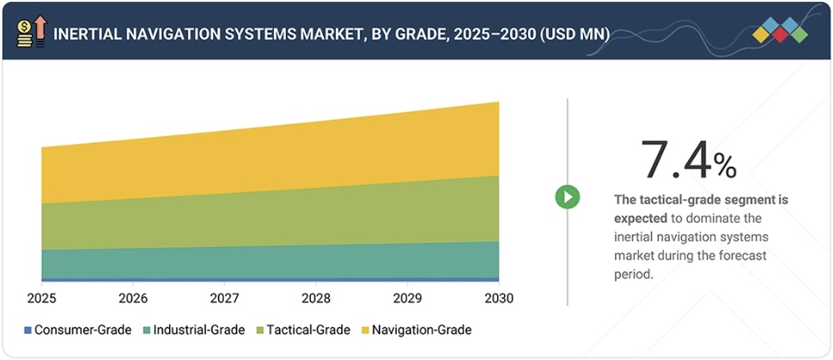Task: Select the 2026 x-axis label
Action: coord(132,299)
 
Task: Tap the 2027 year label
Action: coord(224,299)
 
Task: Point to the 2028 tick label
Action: coord(315,299)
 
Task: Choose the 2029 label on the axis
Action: coord(407,299)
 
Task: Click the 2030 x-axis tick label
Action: coord(499,299)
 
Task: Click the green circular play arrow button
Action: coord(567,197)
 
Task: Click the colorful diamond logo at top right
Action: coord(780,31)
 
